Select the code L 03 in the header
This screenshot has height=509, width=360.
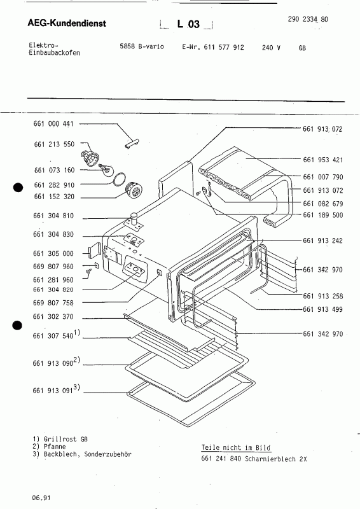[x=188, y=24]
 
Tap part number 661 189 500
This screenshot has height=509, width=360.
[x=322, y=215]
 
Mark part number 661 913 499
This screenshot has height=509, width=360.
[x=322, y=310]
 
